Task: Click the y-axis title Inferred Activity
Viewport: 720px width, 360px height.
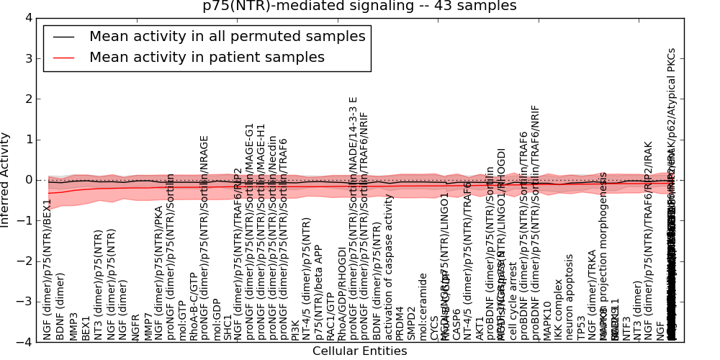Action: pyautogui.click(x=6, y=180)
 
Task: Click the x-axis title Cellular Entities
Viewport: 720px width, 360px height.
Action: pyautogui.click(x=359, y=351)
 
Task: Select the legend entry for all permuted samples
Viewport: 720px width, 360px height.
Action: pyautogui.click(x=227, y=37)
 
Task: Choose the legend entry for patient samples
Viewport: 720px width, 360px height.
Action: pyautogui.click(x=207, y=58)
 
